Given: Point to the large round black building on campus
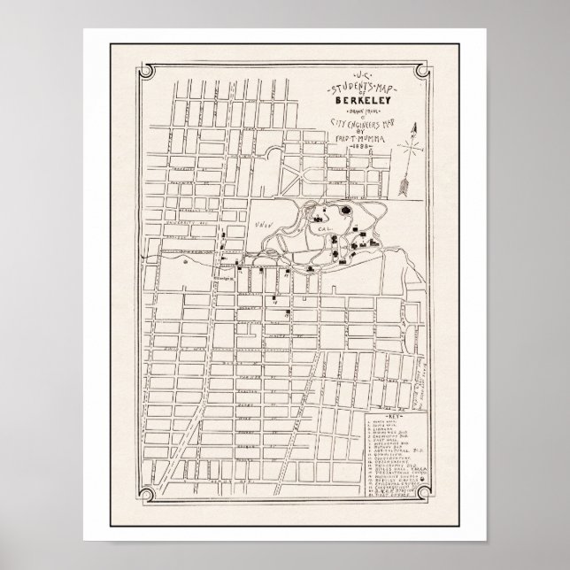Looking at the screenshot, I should pyautogui.click(x=344, y=212).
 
